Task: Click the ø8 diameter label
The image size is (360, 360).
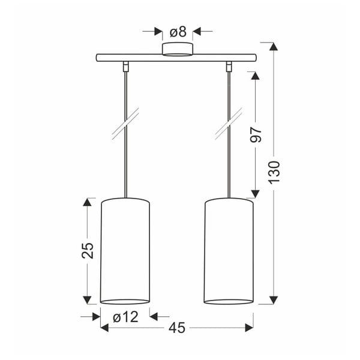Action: pos(177,31)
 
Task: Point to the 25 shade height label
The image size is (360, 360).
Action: pos(88,251)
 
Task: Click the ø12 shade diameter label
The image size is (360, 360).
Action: pos(125,316)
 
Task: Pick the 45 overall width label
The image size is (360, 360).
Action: pos(177,328)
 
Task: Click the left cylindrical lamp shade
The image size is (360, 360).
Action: pos(125,251)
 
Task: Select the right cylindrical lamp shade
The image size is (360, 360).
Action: pos(229,251)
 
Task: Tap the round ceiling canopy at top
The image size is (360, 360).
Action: pos(177,49)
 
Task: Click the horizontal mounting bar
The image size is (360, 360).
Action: pos(176,58)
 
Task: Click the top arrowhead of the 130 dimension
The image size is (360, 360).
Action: pos(274,47)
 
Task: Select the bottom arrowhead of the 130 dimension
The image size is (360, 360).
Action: pos(274,299)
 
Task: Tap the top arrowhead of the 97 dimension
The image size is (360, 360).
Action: pos(255,77)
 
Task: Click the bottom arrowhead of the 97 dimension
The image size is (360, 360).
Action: pos(255,193)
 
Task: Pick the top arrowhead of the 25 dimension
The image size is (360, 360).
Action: pos(88,202)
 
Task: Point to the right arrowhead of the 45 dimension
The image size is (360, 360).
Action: pos(248,328)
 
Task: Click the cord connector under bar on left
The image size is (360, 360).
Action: pos(125,65)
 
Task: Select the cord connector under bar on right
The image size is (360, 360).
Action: pos(229,65)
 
